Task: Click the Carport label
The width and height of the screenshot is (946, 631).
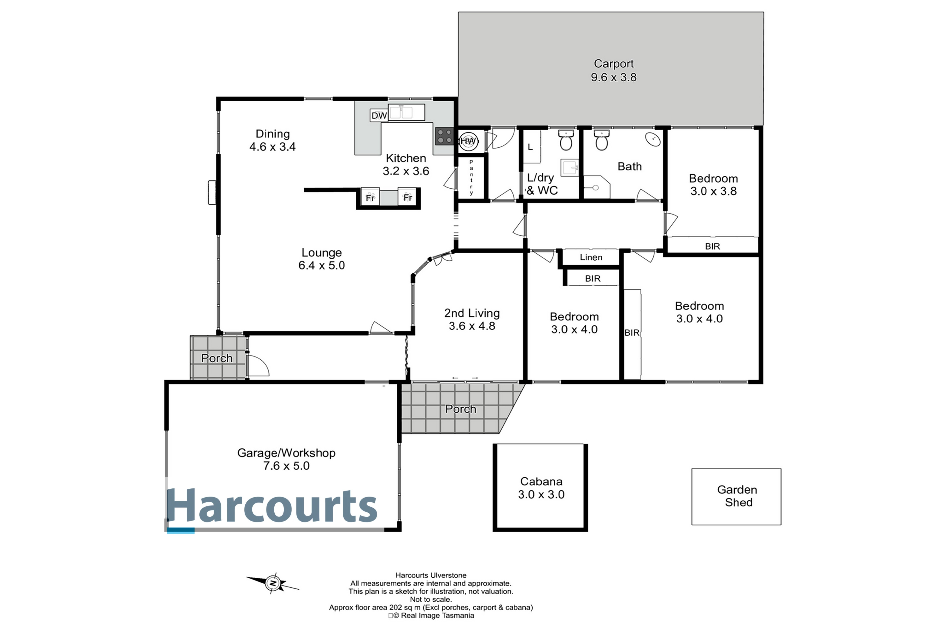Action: (613, 64)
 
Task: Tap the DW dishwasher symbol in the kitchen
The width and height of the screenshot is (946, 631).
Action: (379, 116)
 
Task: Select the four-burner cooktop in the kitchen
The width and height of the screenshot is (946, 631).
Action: (444, 136)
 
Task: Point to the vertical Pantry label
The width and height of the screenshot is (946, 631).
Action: (471, 177)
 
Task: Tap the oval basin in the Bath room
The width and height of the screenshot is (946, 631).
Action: (653, 139)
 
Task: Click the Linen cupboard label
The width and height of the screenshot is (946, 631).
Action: (591, 257)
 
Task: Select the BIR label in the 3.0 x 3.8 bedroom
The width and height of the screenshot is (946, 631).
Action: (712, 246)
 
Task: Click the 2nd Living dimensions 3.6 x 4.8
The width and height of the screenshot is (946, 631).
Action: (472, 326)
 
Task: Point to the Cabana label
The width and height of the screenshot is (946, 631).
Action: (541, 481)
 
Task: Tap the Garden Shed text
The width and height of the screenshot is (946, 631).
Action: (737, 496)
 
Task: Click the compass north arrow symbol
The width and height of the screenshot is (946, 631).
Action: (273, 583)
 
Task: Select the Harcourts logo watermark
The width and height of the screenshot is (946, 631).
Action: (272, 505)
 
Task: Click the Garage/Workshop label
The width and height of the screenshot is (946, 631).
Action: (286, 453)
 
